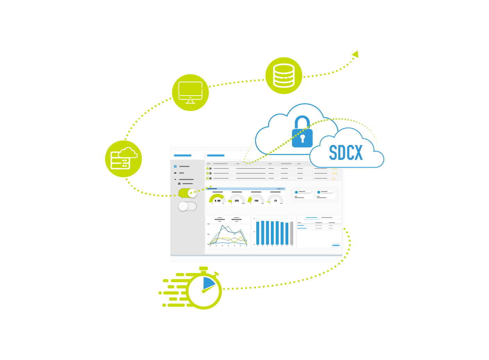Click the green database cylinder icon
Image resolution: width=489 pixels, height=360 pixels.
click(284, 75)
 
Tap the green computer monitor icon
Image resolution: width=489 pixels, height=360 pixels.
click(190, 92)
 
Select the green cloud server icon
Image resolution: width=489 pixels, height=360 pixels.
click(123, 159)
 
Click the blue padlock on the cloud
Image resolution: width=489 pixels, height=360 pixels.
click(302, 133)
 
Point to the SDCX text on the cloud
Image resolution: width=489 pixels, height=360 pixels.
click(346, 153)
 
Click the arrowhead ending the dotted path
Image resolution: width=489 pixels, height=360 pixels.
click(355, 54)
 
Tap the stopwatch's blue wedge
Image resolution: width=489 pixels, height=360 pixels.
click(209, 283)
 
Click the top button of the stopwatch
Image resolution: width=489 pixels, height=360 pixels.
click(204, 269)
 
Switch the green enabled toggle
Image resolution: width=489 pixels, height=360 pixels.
click(188, 193)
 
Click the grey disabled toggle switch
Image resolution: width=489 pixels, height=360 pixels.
click(188, 206)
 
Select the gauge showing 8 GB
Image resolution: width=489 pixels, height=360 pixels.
click(217, 199)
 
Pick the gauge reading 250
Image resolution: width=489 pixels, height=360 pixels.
click(237, 199)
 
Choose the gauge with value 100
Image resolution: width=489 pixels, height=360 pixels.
click(256, 199)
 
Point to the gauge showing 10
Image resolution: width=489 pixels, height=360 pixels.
click(275, 199)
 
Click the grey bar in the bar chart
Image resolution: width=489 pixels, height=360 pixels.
click(292, 233)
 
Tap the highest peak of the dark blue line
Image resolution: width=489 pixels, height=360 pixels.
click(223, 226)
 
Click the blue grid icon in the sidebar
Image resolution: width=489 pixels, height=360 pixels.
click(175, 166)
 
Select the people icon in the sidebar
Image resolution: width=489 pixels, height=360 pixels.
click(179, 183)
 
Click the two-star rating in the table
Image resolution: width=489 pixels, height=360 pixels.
click(333, 178)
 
